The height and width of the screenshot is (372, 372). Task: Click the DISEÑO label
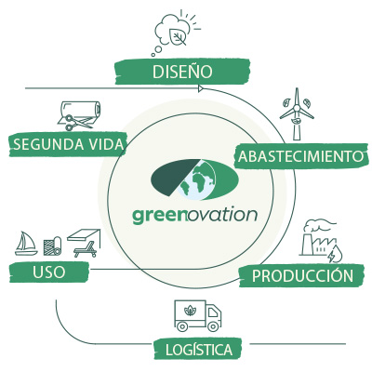[182, 72]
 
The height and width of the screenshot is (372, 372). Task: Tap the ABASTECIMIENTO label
[300, 156]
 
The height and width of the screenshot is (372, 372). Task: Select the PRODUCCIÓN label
[302, 275]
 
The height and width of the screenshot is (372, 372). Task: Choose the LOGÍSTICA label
[199, 350]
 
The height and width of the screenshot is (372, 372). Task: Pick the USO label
[49, 272]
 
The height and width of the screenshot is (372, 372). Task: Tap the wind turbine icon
[297, 113]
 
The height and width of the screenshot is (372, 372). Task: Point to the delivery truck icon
[198, 315]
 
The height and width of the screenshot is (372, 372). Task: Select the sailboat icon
[26, 244]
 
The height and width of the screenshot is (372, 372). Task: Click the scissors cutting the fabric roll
[70, 122]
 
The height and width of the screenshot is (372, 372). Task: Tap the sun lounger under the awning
[86, 250]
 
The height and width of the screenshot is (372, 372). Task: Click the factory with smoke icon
[318, 238]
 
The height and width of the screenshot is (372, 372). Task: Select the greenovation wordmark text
[195, 216]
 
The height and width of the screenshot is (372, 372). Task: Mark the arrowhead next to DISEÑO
[200, 88]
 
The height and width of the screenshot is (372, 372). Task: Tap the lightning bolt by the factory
[331, 256]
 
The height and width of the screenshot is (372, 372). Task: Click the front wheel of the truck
[213, 326]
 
